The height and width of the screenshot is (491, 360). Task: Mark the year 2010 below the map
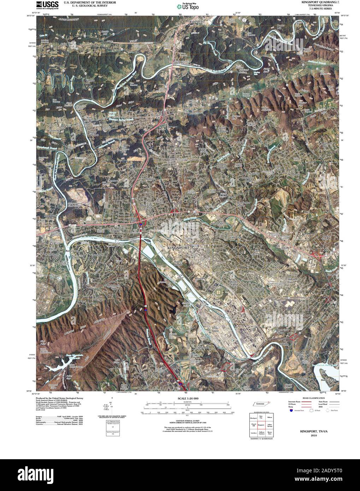pyautogui.click(x=314, y=436)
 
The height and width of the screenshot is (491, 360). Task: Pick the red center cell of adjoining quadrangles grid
pyautogui.click(x=261, y=425)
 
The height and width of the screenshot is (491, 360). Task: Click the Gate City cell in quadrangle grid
pyautogui.click(x=261, y=417)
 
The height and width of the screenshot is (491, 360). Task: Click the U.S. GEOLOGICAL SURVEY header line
pyautogui.click(x=83, y=6)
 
